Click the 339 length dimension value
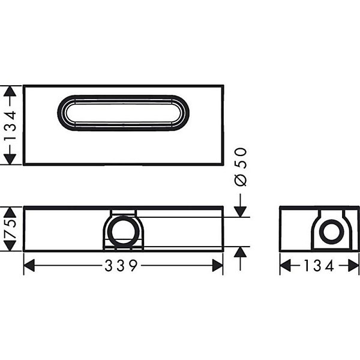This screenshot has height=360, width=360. tap(121, 266)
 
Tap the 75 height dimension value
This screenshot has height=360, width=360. tap(11, 229)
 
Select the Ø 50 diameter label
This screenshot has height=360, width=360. tap(241, 167)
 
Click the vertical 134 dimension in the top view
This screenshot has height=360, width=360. tap(11, 125)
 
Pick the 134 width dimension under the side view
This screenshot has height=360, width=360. tap(319, 266)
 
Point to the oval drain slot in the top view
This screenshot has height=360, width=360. tap(123, 95)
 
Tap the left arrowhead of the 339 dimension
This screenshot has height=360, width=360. tap(29, 266)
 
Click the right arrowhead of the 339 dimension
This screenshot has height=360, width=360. tap(217, 266)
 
